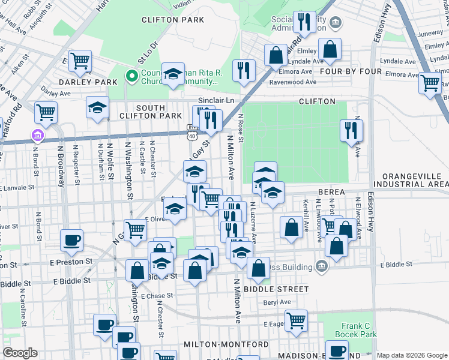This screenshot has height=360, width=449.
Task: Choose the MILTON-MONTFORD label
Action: point(226,344)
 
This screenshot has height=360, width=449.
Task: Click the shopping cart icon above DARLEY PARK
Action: point(79,60)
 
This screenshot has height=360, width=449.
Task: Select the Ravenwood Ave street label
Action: point(292,82)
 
